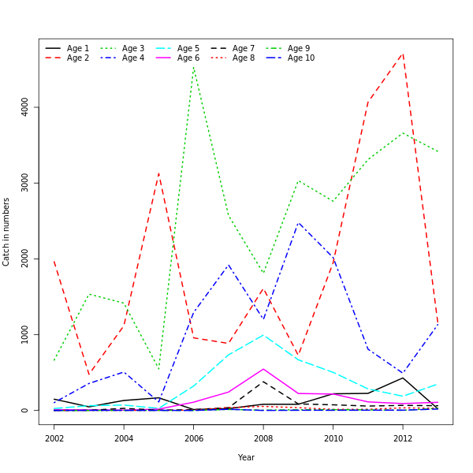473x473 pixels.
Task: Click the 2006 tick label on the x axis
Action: point(193,438)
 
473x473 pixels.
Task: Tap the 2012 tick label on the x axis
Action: point(403,438)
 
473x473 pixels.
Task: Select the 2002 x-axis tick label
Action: point(54,438)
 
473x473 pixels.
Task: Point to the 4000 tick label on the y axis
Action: point(25,107)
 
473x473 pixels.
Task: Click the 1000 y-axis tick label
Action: point(25,335)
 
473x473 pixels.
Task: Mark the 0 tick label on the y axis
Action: point(25,411)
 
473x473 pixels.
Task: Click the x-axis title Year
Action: point(246,457)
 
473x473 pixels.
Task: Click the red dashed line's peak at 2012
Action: point(403,54)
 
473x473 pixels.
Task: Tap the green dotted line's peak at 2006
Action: point(193,66)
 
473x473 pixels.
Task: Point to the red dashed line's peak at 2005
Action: point(158,173)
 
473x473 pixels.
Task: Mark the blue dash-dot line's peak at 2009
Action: point(298,223)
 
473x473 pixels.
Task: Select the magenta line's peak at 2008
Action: point(263,369)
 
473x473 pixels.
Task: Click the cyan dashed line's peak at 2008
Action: point(263,335)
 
